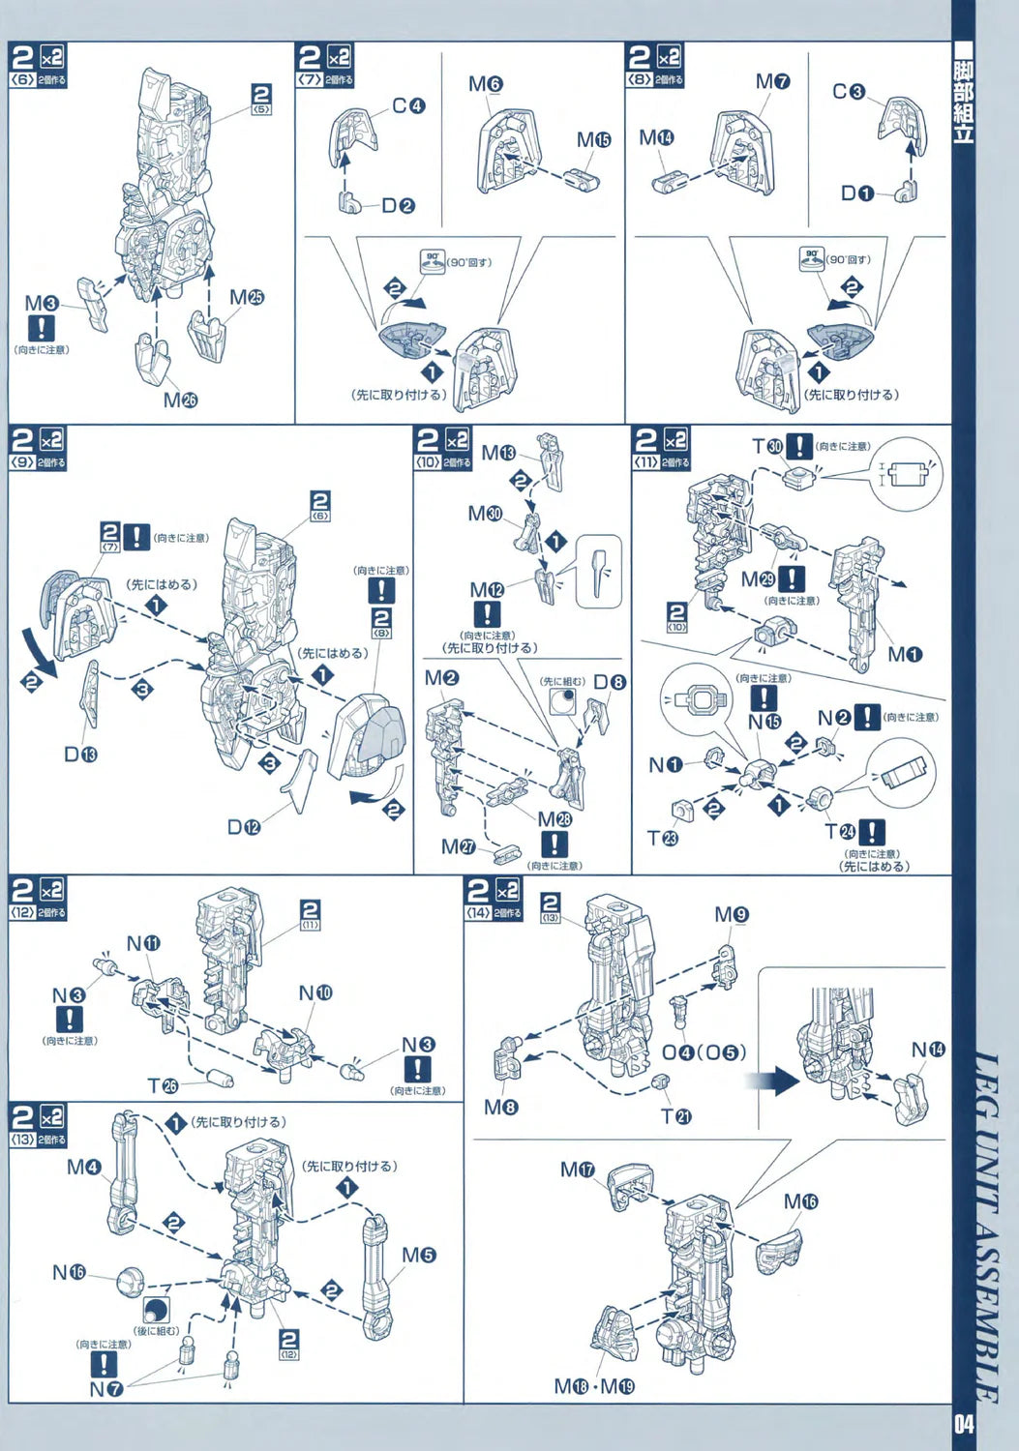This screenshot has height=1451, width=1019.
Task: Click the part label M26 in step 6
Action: [180, 400]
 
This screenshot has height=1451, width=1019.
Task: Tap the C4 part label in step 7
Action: [408, 105]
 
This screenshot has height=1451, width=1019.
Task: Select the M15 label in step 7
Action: [593, 139]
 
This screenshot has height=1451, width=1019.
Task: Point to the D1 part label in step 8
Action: [856, 193]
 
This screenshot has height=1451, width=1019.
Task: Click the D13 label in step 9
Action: [80, 754]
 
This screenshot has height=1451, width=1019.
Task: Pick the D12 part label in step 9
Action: [244, 827]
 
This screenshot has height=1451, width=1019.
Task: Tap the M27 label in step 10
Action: [459, 846]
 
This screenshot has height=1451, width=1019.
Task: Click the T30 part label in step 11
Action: [767, 446]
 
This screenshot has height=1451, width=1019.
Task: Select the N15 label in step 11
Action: [764, 722]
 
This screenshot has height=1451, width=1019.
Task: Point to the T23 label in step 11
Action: [662, 838]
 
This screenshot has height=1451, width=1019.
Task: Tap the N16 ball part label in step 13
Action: [69, 1272]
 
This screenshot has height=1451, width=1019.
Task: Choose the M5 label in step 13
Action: [418, 1255]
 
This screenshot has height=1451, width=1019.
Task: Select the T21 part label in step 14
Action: [675, 1116]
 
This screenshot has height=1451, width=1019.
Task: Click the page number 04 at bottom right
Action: [962, 1424]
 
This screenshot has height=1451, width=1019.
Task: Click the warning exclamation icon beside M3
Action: [41, 329]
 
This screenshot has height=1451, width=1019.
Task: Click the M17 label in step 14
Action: [578, 1170]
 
